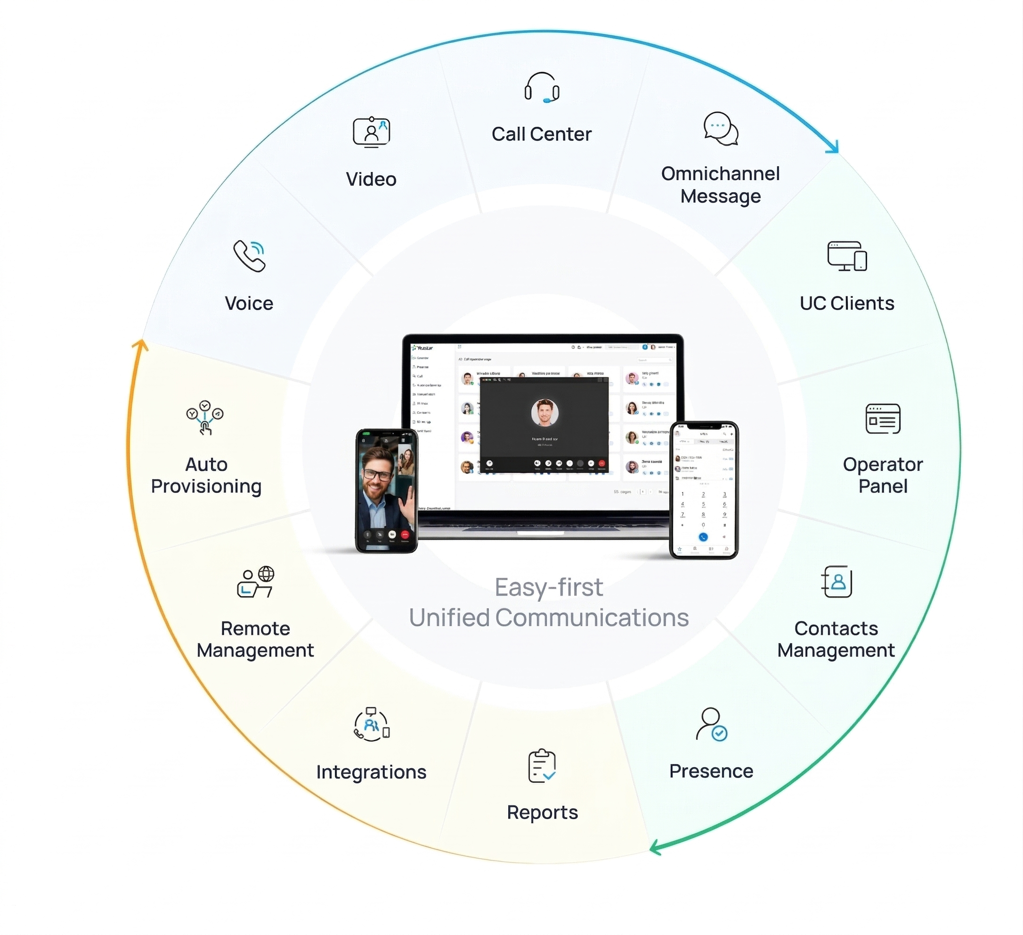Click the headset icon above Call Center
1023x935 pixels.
(x=542, y=88)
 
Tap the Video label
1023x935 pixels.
(x=371, y=179)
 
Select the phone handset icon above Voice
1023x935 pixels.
(x=249, y=256)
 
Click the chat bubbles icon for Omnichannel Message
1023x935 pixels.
(x=721, y=129)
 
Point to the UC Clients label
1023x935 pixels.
(x=846, y=303)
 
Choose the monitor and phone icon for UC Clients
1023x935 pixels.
(x=846, y=256)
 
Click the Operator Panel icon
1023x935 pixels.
(x=883, y=419)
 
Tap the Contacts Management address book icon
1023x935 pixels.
(x=836, y=582)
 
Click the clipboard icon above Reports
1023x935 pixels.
(x=542, y=766)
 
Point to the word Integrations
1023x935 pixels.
(x=371, y=772)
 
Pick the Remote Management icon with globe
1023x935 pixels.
(x=256, y=582)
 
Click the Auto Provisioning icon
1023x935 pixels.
(x=204, y=417)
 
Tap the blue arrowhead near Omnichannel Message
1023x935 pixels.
(x=833, y=148)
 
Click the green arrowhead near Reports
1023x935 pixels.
(x=655, y=847)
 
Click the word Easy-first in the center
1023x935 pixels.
(x=549, y=587)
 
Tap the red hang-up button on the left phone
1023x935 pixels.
(x=405, y=534)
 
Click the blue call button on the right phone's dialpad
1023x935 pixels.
(x=703, y=536)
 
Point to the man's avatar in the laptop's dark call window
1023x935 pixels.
(x=544, y=412)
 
